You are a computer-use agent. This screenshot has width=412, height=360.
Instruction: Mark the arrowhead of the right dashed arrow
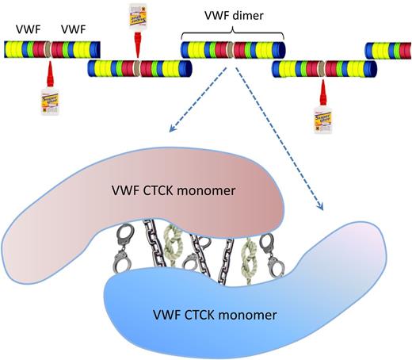tap(323, 209)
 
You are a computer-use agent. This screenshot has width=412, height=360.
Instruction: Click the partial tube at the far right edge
tap(388, 50)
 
